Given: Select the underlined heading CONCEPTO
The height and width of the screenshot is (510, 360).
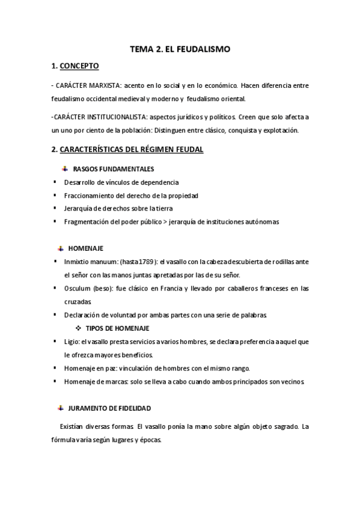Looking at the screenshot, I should [x=80, y=66].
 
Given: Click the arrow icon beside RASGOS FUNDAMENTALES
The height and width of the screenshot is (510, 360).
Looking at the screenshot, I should [x=63, y=169].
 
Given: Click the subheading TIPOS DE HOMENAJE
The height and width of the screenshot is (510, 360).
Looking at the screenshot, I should [x=118, y=328].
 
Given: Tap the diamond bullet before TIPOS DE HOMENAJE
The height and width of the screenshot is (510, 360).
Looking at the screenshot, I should [x=78, y=328].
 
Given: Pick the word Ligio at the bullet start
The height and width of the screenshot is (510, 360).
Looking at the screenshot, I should [x=71, y=341].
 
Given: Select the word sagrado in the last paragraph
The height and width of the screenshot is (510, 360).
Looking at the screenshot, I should [x=281, y=426].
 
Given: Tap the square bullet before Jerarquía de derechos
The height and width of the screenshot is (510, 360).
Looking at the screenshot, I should [x=55, y=208].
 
